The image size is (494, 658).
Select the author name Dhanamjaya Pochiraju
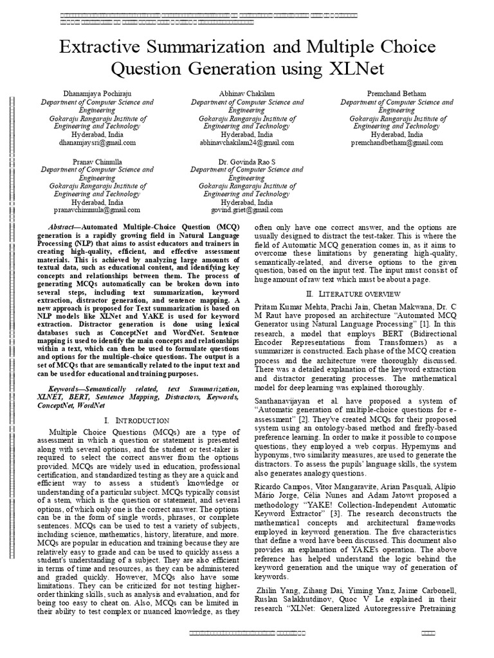97,93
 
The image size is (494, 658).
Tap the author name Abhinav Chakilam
247,93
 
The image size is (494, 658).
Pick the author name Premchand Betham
396,93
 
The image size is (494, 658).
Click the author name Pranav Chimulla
97,161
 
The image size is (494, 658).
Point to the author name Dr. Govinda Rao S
247,161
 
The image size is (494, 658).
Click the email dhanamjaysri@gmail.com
97,143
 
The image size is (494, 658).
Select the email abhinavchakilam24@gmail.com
247,143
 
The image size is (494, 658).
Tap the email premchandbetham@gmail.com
396,143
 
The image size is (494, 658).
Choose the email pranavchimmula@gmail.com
97,210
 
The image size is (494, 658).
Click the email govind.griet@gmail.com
247,210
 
